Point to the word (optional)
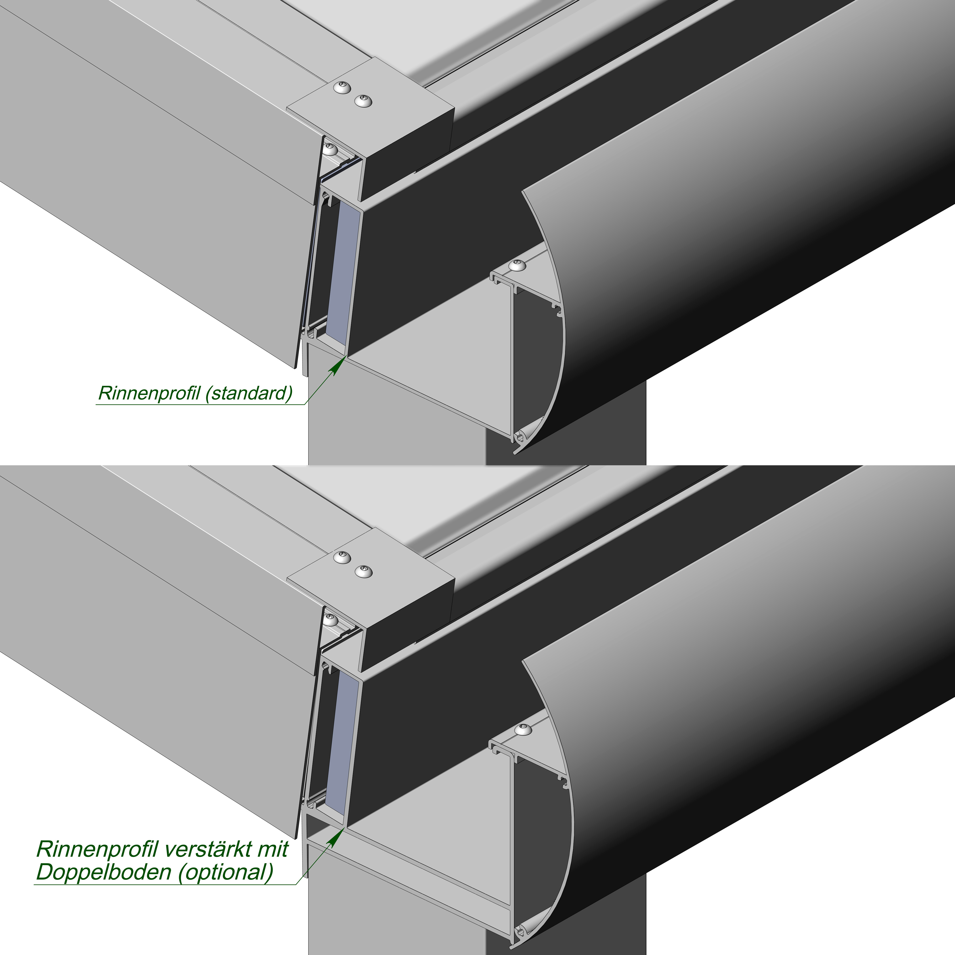point(225,873)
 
